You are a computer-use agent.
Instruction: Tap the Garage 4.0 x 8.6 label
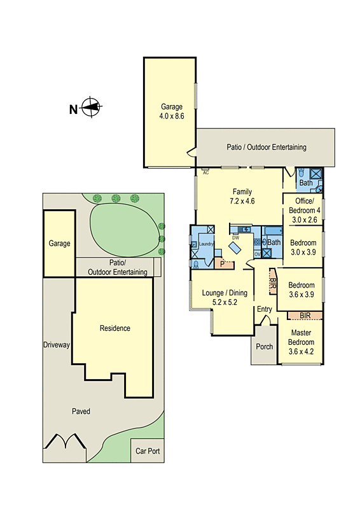[171, 112]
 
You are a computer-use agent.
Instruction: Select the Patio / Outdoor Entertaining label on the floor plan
[267, 147]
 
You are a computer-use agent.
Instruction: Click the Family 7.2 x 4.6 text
[242, 196]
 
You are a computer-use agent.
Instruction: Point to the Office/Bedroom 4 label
[303, 210]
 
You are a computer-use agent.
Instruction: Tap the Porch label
[264, 347]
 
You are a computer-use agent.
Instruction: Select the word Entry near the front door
[264, 309]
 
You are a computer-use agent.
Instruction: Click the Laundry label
[205, 244]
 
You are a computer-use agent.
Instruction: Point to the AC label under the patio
[205, 172]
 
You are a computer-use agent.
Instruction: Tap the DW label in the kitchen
[235, 237]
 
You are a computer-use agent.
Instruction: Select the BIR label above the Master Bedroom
[305, 315]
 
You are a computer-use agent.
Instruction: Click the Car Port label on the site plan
[148, 451]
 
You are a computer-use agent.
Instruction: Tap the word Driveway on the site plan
[56, 345]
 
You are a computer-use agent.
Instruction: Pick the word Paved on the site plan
[80, 412]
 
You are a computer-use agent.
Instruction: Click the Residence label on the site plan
[114, 328]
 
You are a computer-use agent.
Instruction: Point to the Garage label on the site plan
[59, 243]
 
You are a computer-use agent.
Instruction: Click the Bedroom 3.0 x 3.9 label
[303, 248]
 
